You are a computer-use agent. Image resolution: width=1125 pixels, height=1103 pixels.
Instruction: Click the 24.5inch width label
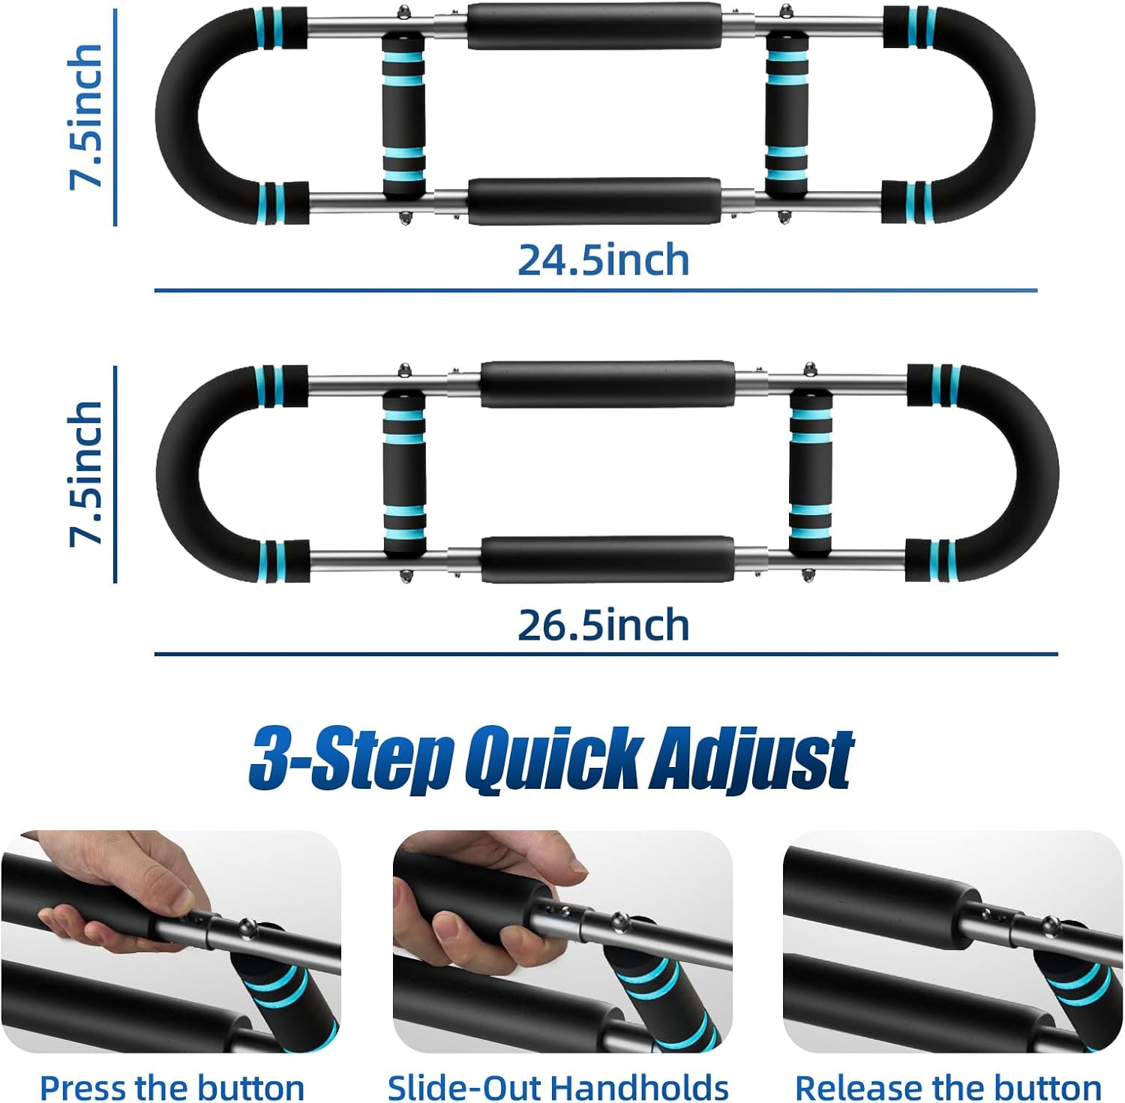click(x=603, y=260)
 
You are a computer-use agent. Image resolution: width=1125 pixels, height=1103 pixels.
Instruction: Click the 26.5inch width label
click(x=603, y=625)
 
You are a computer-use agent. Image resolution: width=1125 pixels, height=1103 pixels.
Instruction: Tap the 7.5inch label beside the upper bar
click(x=85, y=116)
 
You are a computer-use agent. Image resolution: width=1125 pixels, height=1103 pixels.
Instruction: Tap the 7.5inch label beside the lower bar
click(x=85, y=473)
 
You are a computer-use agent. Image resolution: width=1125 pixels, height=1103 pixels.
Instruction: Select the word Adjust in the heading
click(x=751, y=758)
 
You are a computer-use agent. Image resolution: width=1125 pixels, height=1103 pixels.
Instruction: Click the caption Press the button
click(x=172, y=1087)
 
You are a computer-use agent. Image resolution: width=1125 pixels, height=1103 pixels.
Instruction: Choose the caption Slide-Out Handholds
click(x=558, y=1087)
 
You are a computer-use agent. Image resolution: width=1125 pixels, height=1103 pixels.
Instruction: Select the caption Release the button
click(x=948, y=1087)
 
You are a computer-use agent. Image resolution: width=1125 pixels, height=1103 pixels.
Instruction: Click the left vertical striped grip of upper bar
click(x=403, y=116)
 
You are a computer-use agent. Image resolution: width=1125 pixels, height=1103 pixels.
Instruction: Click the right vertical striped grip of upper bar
click(x=787, y=116)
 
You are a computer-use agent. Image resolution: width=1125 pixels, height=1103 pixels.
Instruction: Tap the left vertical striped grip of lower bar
click(x=403, y=473)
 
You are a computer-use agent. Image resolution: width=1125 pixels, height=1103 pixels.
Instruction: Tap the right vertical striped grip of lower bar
click(x=811, y=473)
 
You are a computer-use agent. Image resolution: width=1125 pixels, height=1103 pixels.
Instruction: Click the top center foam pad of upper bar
click(x=594, y=26)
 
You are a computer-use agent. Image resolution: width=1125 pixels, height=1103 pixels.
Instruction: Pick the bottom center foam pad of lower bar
click(x=607, y=559)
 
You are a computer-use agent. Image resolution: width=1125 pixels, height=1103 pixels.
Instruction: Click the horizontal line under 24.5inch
click(x=595, y=290)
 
